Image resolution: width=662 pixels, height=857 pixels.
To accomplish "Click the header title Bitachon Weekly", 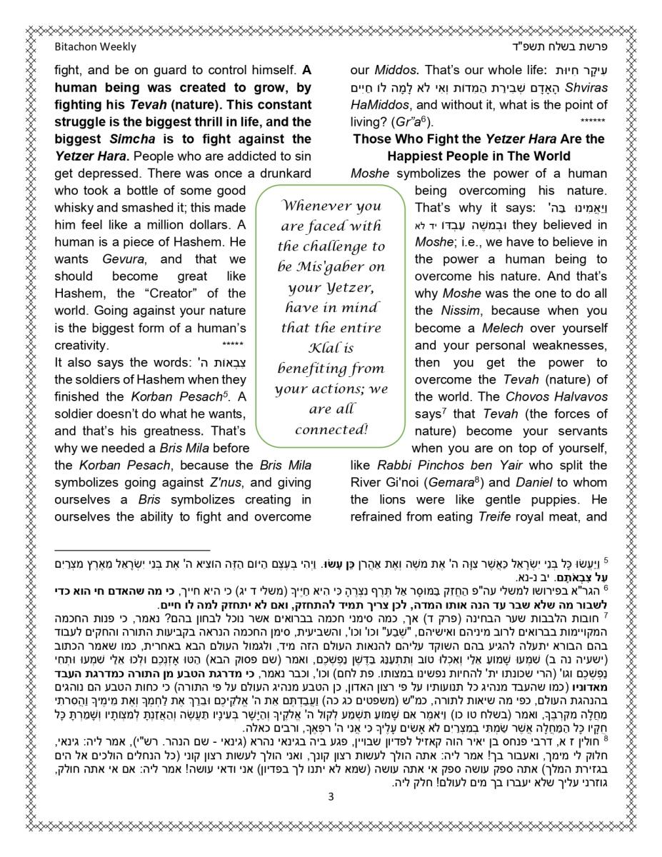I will point(95,47).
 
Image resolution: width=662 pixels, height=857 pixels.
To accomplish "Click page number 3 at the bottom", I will point(331,798).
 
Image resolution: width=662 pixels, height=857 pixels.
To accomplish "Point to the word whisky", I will point(76,208).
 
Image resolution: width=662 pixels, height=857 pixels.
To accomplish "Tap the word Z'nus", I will point(227,483).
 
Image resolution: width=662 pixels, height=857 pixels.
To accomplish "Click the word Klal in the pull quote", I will point(329,349).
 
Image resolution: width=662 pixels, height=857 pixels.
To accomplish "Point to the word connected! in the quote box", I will point(331,430).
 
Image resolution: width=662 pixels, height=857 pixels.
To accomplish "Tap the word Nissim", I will point(454,311).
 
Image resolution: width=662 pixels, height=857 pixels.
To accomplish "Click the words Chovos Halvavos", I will point(547,396).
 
